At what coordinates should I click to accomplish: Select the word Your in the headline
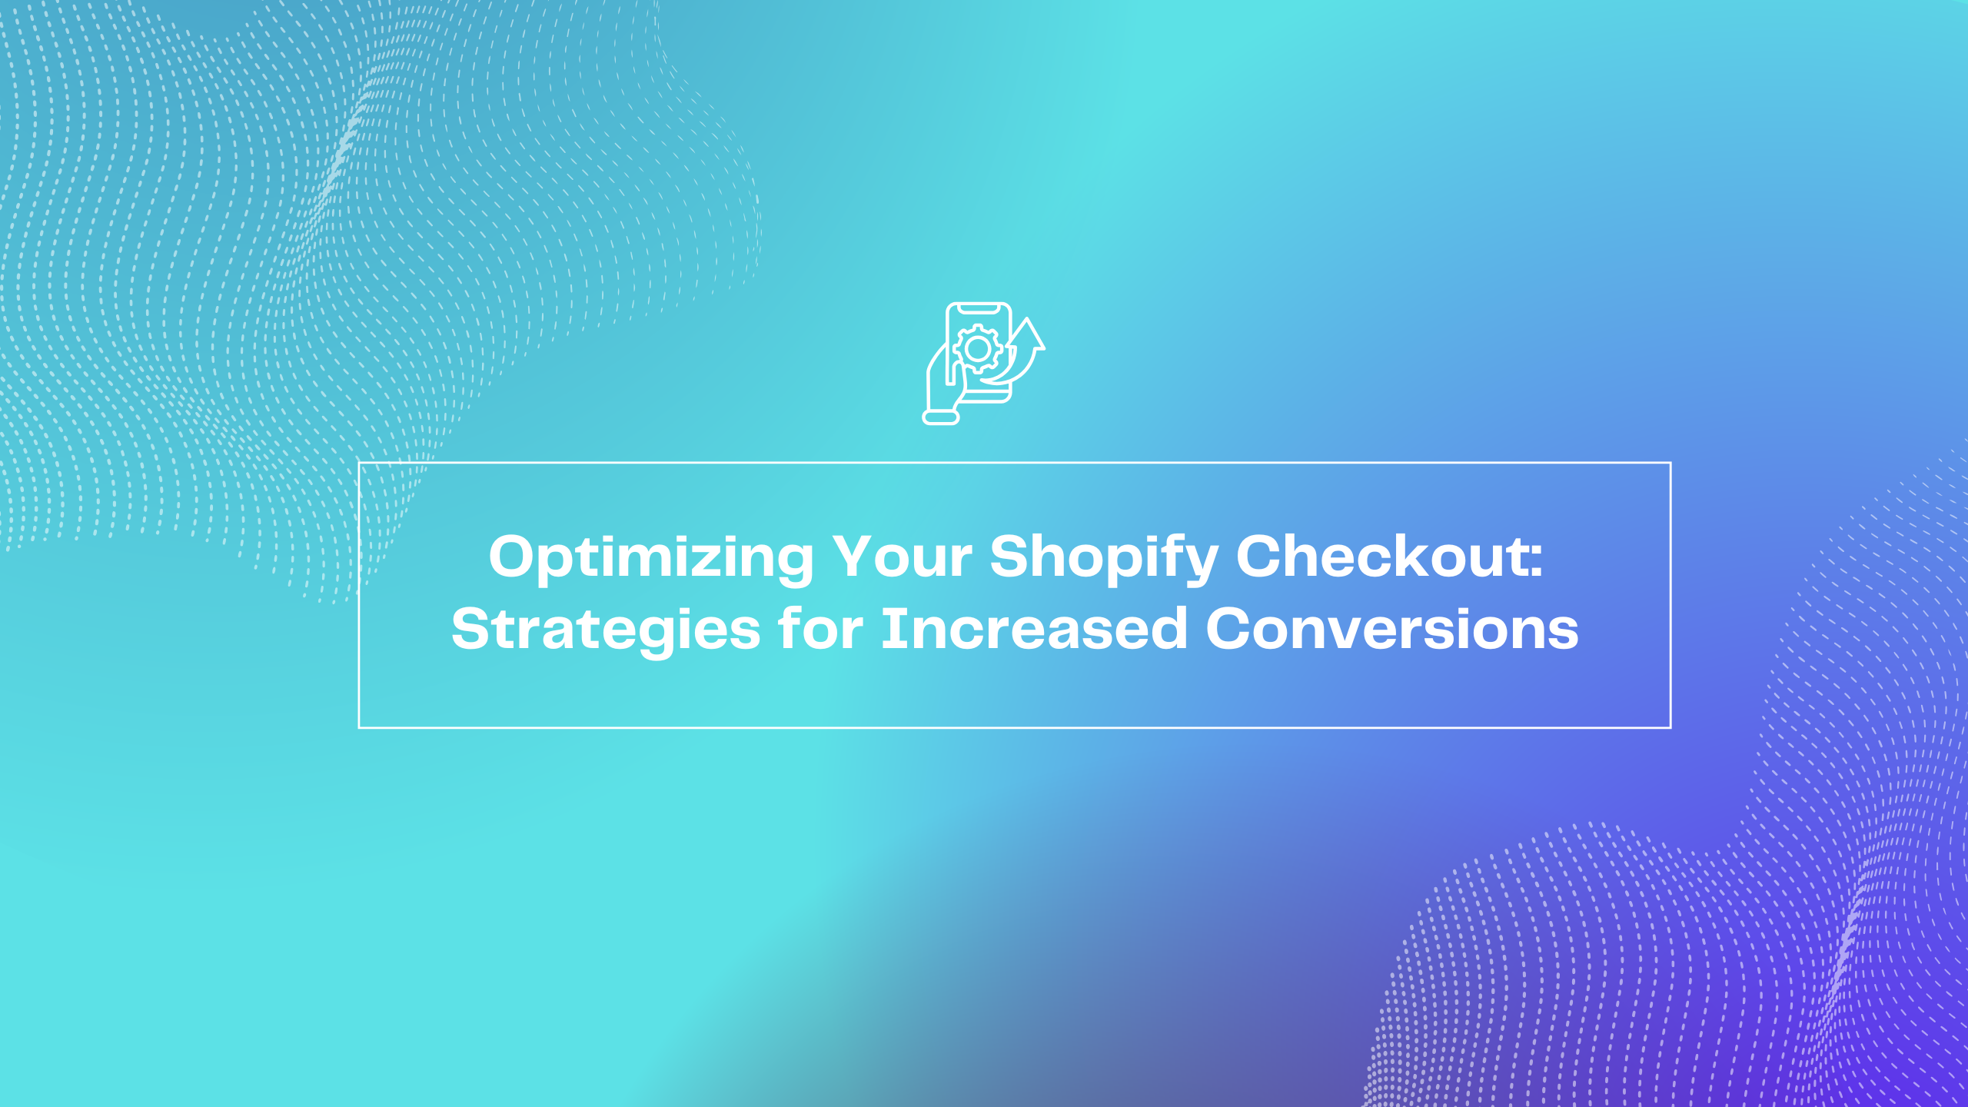[x=903, y=557]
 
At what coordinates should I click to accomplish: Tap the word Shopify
[x=1104, y=558]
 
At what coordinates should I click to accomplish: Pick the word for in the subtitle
[x=821, y=628]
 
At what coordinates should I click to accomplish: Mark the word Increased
[x=1034, y=628]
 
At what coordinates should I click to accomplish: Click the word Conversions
[x=1392, y=629]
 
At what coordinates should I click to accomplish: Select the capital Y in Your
[x=856, y=557]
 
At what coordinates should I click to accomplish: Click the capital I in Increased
[x=890, y=629]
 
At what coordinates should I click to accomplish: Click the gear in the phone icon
[x=978, y=350]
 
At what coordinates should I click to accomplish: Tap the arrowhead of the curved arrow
[x=1027, y=333]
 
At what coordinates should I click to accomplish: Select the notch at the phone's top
[x=979, y=308]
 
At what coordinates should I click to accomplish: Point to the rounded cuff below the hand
[x=941, y=417]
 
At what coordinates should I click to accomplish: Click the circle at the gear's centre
[x=978, y=350]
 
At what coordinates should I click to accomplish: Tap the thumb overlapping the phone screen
[x=950, y=364]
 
